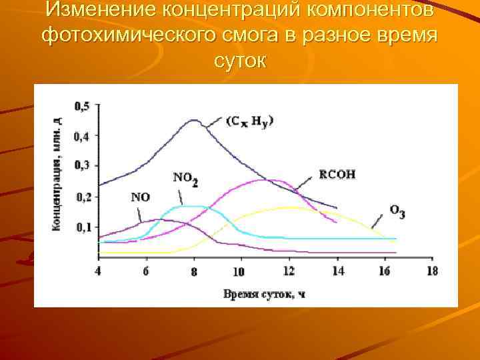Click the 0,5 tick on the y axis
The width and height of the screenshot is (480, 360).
[83, 106]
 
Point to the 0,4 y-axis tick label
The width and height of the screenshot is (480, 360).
[83, 136]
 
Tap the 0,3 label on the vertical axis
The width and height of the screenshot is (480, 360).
[83, 165]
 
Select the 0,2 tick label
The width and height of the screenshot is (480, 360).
[83, 197]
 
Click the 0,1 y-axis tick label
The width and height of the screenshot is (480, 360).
[83, 227]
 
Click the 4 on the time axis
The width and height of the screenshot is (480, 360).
[99, 271]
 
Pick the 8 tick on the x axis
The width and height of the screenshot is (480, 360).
[194, 271]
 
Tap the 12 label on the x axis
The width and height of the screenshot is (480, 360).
[288, 271]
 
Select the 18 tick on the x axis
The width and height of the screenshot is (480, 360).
[432, 271]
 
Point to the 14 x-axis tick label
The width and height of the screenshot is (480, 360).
[337, 271]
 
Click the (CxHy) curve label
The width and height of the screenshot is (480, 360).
[250, 121]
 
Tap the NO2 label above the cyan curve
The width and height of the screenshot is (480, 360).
[185, 178]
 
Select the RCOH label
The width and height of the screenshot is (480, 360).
[337, 175]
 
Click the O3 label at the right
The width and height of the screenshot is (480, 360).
[397, 211]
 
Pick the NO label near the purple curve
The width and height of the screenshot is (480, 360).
[141, 197]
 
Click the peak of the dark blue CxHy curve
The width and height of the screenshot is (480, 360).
[194, 120]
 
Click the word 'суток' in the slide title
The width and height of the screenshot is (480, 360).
[240, 61]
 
